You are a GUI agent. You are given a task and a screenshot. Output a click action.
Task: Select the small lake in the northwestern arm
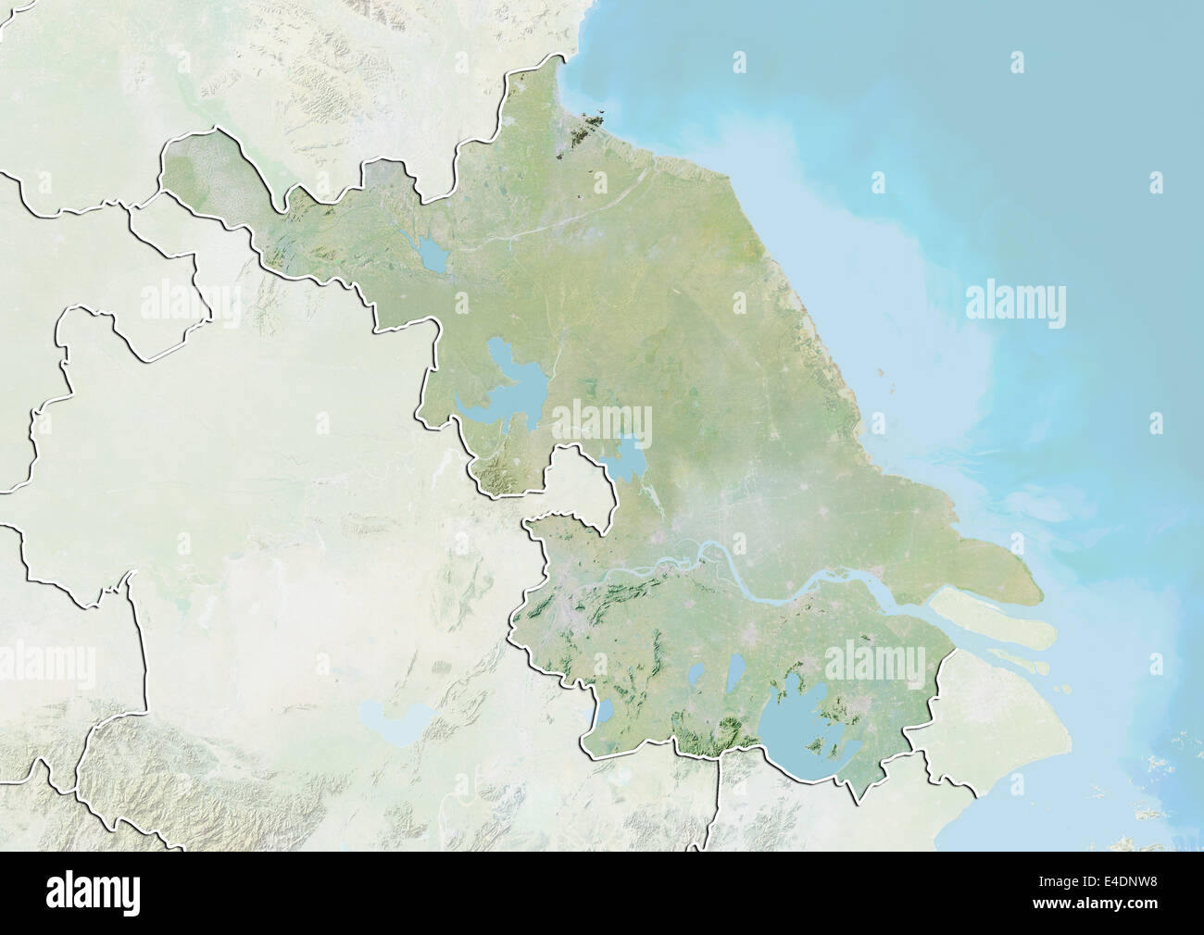431,255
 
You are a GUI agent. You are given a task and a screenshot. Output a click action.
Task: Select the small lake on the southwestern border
603,714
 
